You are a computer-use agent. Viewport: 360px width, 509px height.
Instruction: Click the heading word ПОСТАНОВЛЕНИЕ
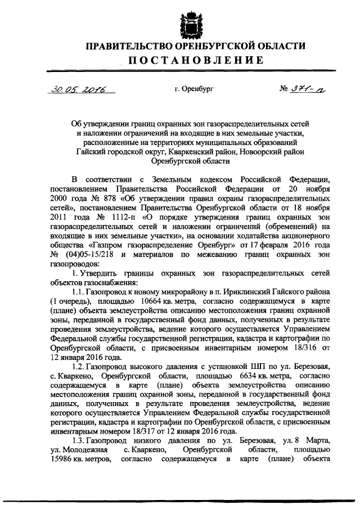tap(188, 60)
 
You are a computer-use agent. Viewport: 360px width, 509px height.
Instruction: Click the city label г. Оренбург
tap(194, 89)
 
